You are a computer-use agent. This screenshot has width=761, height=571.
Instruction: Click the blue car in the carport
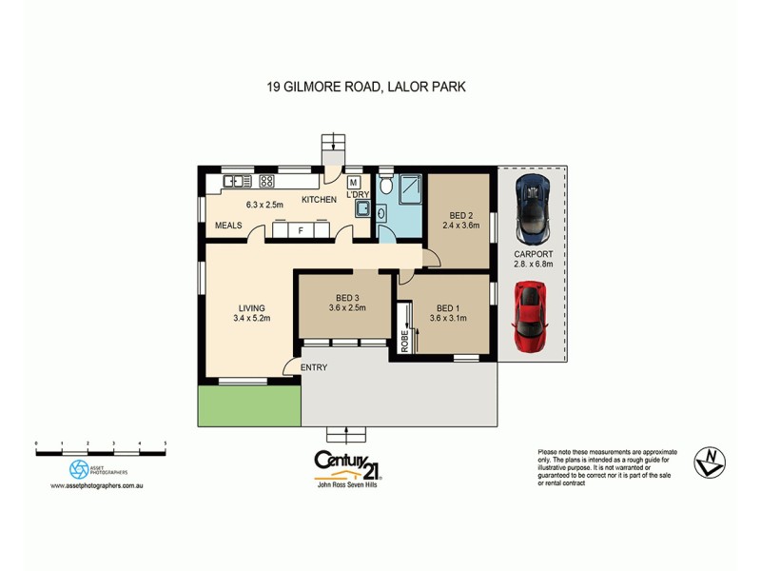(532, 209)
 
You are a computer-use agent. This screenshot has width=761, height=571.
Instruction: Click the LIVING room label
(251, 307)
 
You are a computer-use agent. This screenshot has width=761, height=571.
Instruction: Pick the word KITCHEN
(319, 200)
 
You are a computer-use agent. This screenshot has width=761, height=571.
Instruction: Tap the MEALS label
(227, 226)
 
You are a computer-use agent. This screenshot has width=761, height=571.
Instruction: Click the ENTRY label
(314, 367)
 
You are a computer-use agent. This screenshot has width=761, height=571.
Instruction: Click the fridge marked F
(301, 229)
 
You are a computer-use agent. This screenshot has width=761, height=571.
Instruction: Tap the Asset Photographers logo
(79, 469)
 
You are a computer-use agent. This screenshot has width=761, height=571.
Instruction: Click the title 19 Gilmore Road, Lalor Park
(364, 87)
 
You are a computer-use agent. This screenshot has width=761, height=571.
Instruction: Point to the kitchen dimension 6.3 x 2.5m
(265, 204)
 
